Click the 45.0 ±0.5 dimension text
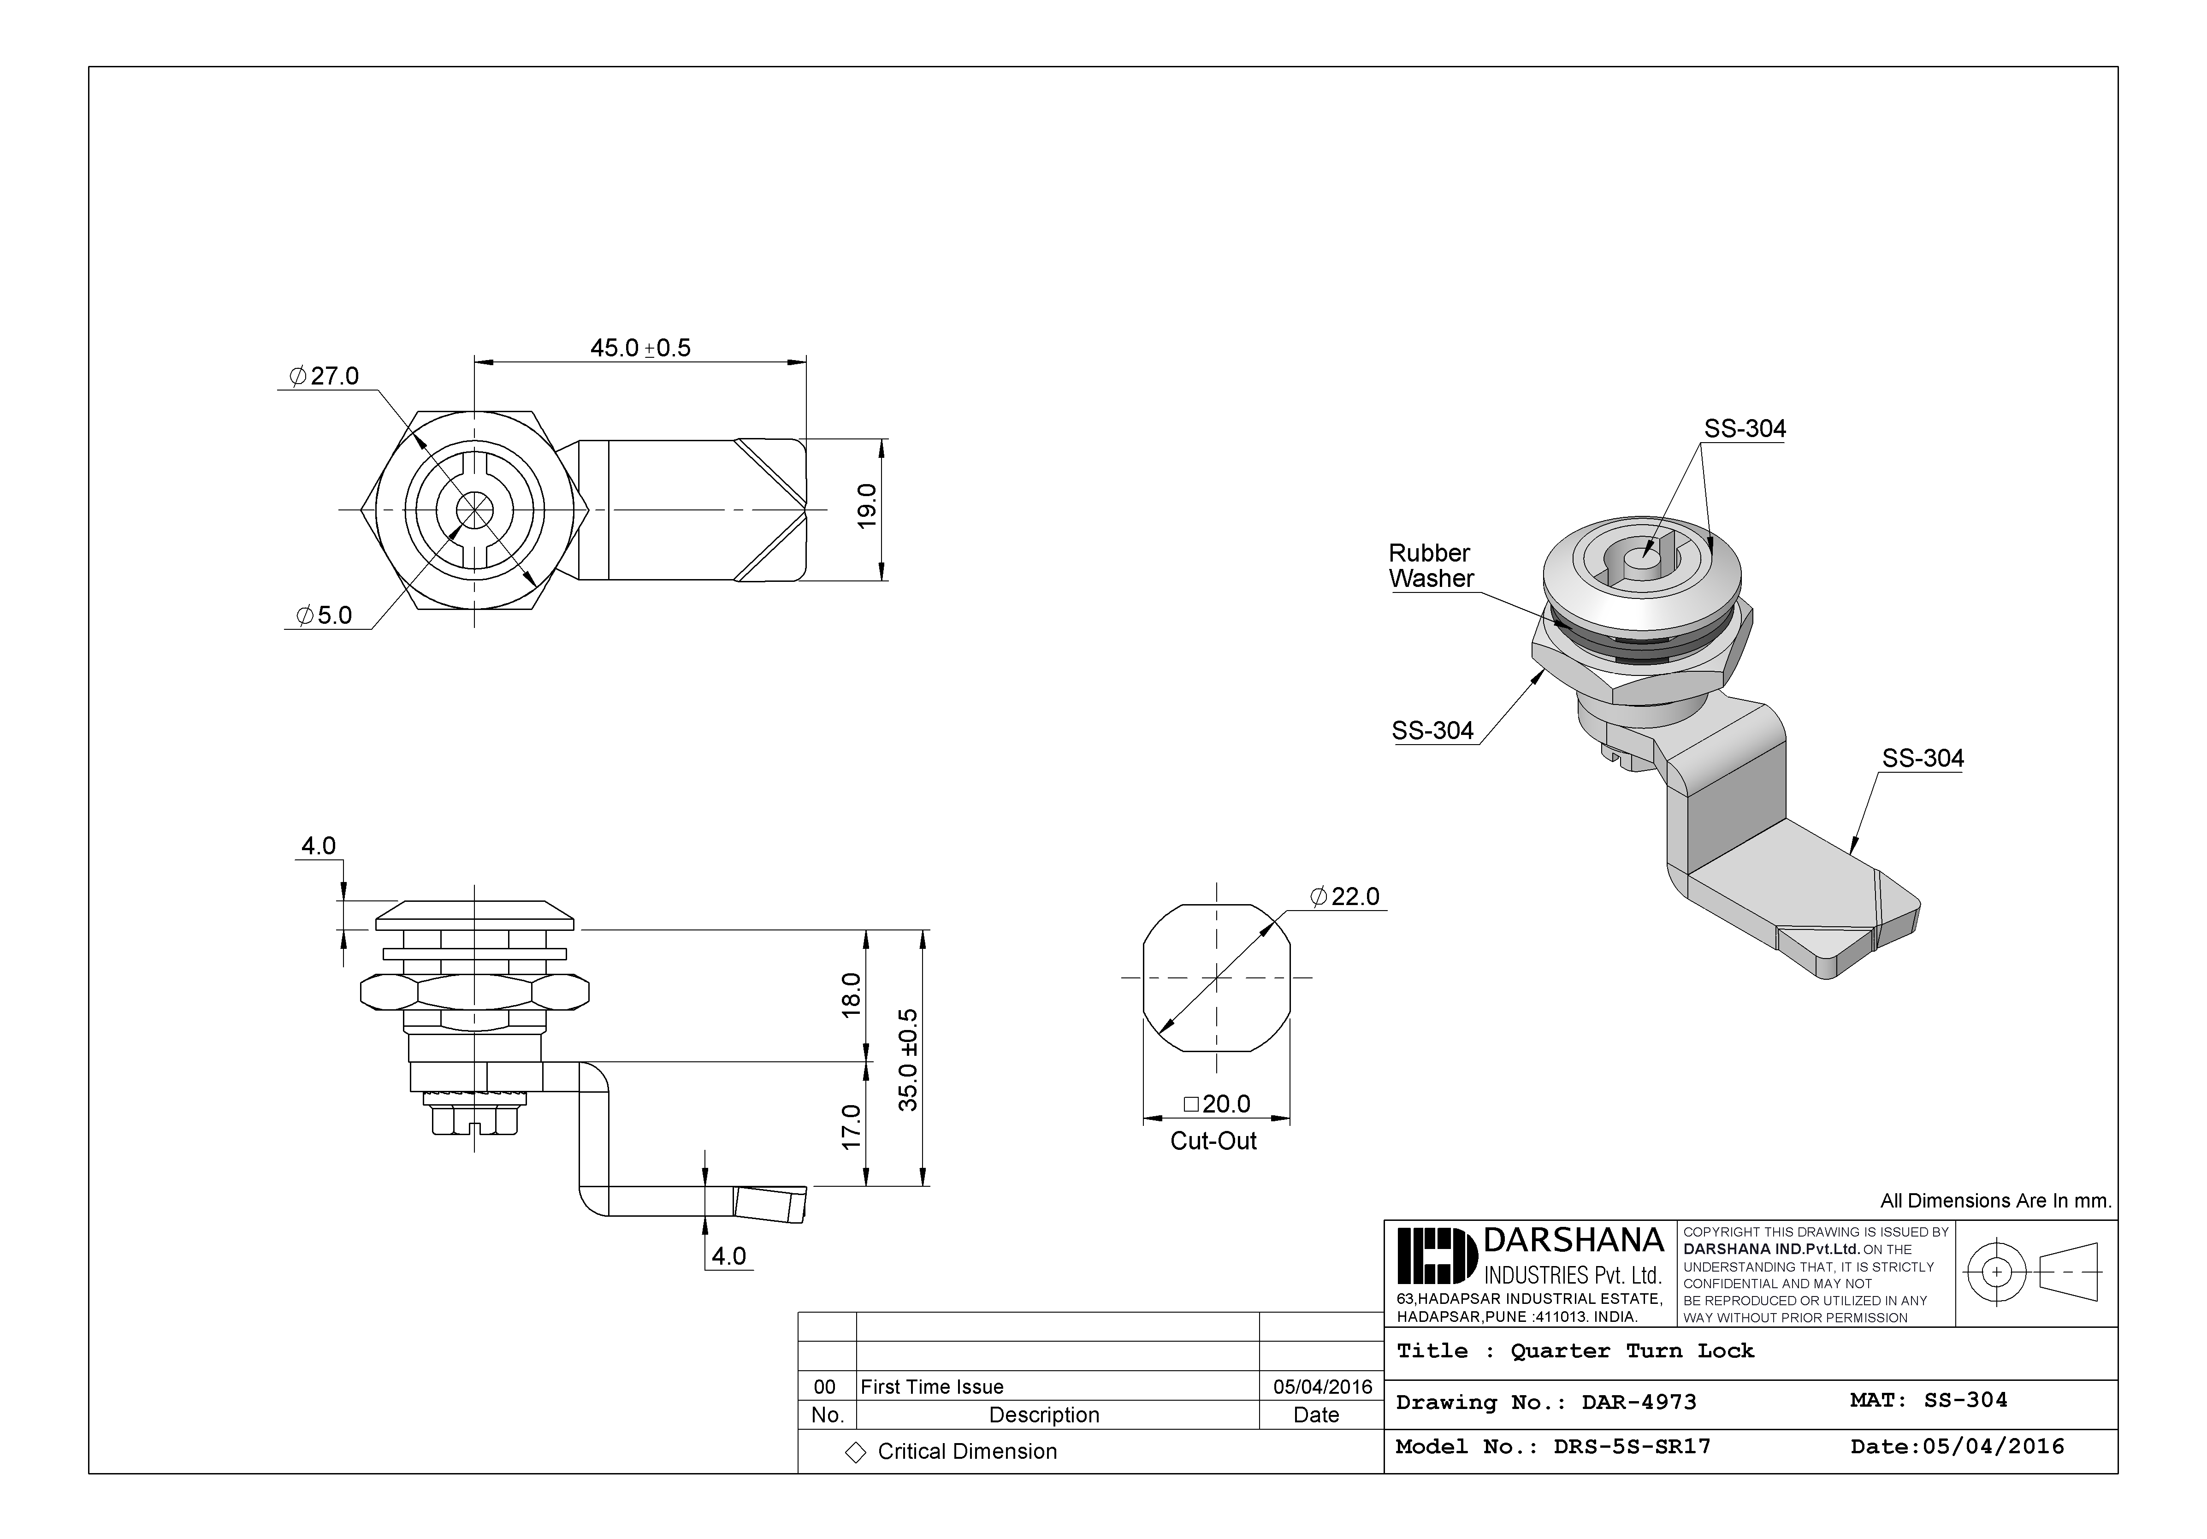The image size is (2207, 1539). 640,348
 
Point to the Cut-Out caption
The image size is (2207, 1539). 1213,1141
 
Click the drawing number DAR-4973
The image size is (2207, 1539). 1639,1403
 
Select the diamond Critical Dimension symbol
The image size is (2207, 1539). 855,1452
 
